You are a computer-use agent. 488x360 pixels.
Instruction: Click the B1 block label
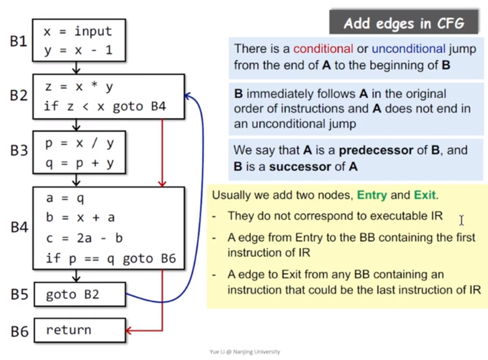[x=19, y=41]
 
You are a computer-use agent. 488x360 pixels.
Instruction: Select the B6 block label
[x=19, y=331]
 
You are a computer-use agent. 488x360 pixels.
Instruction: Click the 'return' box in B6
[x=79, y=330]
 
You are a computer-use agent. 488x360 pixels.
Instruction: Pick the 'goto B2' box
[x=79, y=295]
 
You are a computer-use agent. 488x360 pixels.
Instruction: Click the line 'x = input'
[x=77, y=31]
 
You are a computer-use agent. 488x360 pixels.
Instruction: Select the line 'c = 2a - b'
[x=84, y=238]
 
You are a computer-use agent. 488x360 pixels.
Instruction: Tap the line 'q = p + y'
[x=80, y=164]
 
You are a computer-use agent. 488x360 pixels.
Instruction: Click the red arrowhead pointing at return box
[x=129, y=330]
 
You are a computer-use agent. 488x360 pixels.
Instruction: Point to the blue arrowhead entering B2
[x=188, y=96]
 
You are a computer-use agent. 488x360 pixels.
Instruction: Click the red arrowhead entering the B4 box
[x=162, y=183]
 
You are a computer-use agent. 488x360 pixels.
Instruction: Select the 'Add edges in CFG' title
[x=403, y=23]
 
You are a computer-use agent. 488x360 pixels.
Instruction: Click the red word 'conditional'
[x=324, y=49]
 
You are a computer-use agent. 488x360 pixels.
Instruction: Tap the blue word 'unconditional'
[x=408, y=49]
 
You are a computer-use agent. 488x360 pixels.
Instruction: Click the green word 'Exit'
[x=425, y=195]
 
